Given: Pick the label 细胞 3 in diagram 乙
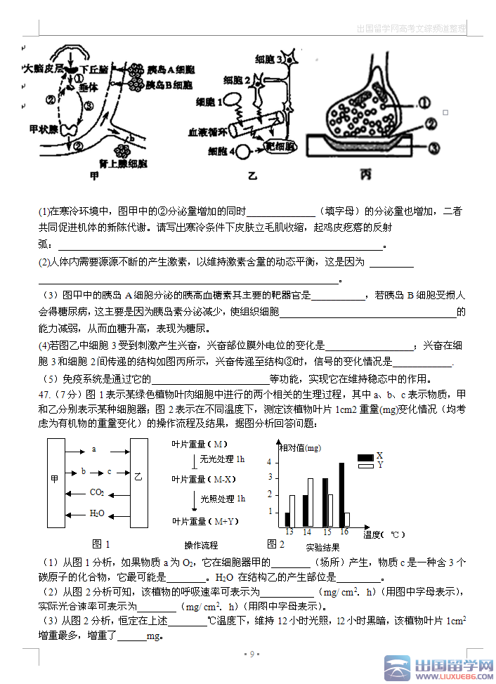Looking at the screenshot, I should point(270,60).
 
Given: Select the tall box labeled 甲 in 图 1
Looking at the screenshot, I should point(56,482).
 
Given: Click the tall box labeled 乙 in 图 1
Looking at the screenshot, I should point(138,482).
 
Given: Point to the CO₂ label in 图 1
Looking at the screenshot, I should point(96,492).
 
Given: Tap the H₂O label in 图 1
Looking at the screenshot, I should point(96,513).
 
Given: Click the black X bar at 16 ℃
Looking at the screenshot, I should point(341,494).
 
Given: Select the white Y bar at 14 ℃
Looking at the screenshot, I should point(311,503).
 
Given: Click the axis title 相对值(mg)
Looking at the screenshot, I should point(300,448).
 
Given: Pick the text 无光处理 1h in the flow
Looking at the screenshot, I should point(222,459).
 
